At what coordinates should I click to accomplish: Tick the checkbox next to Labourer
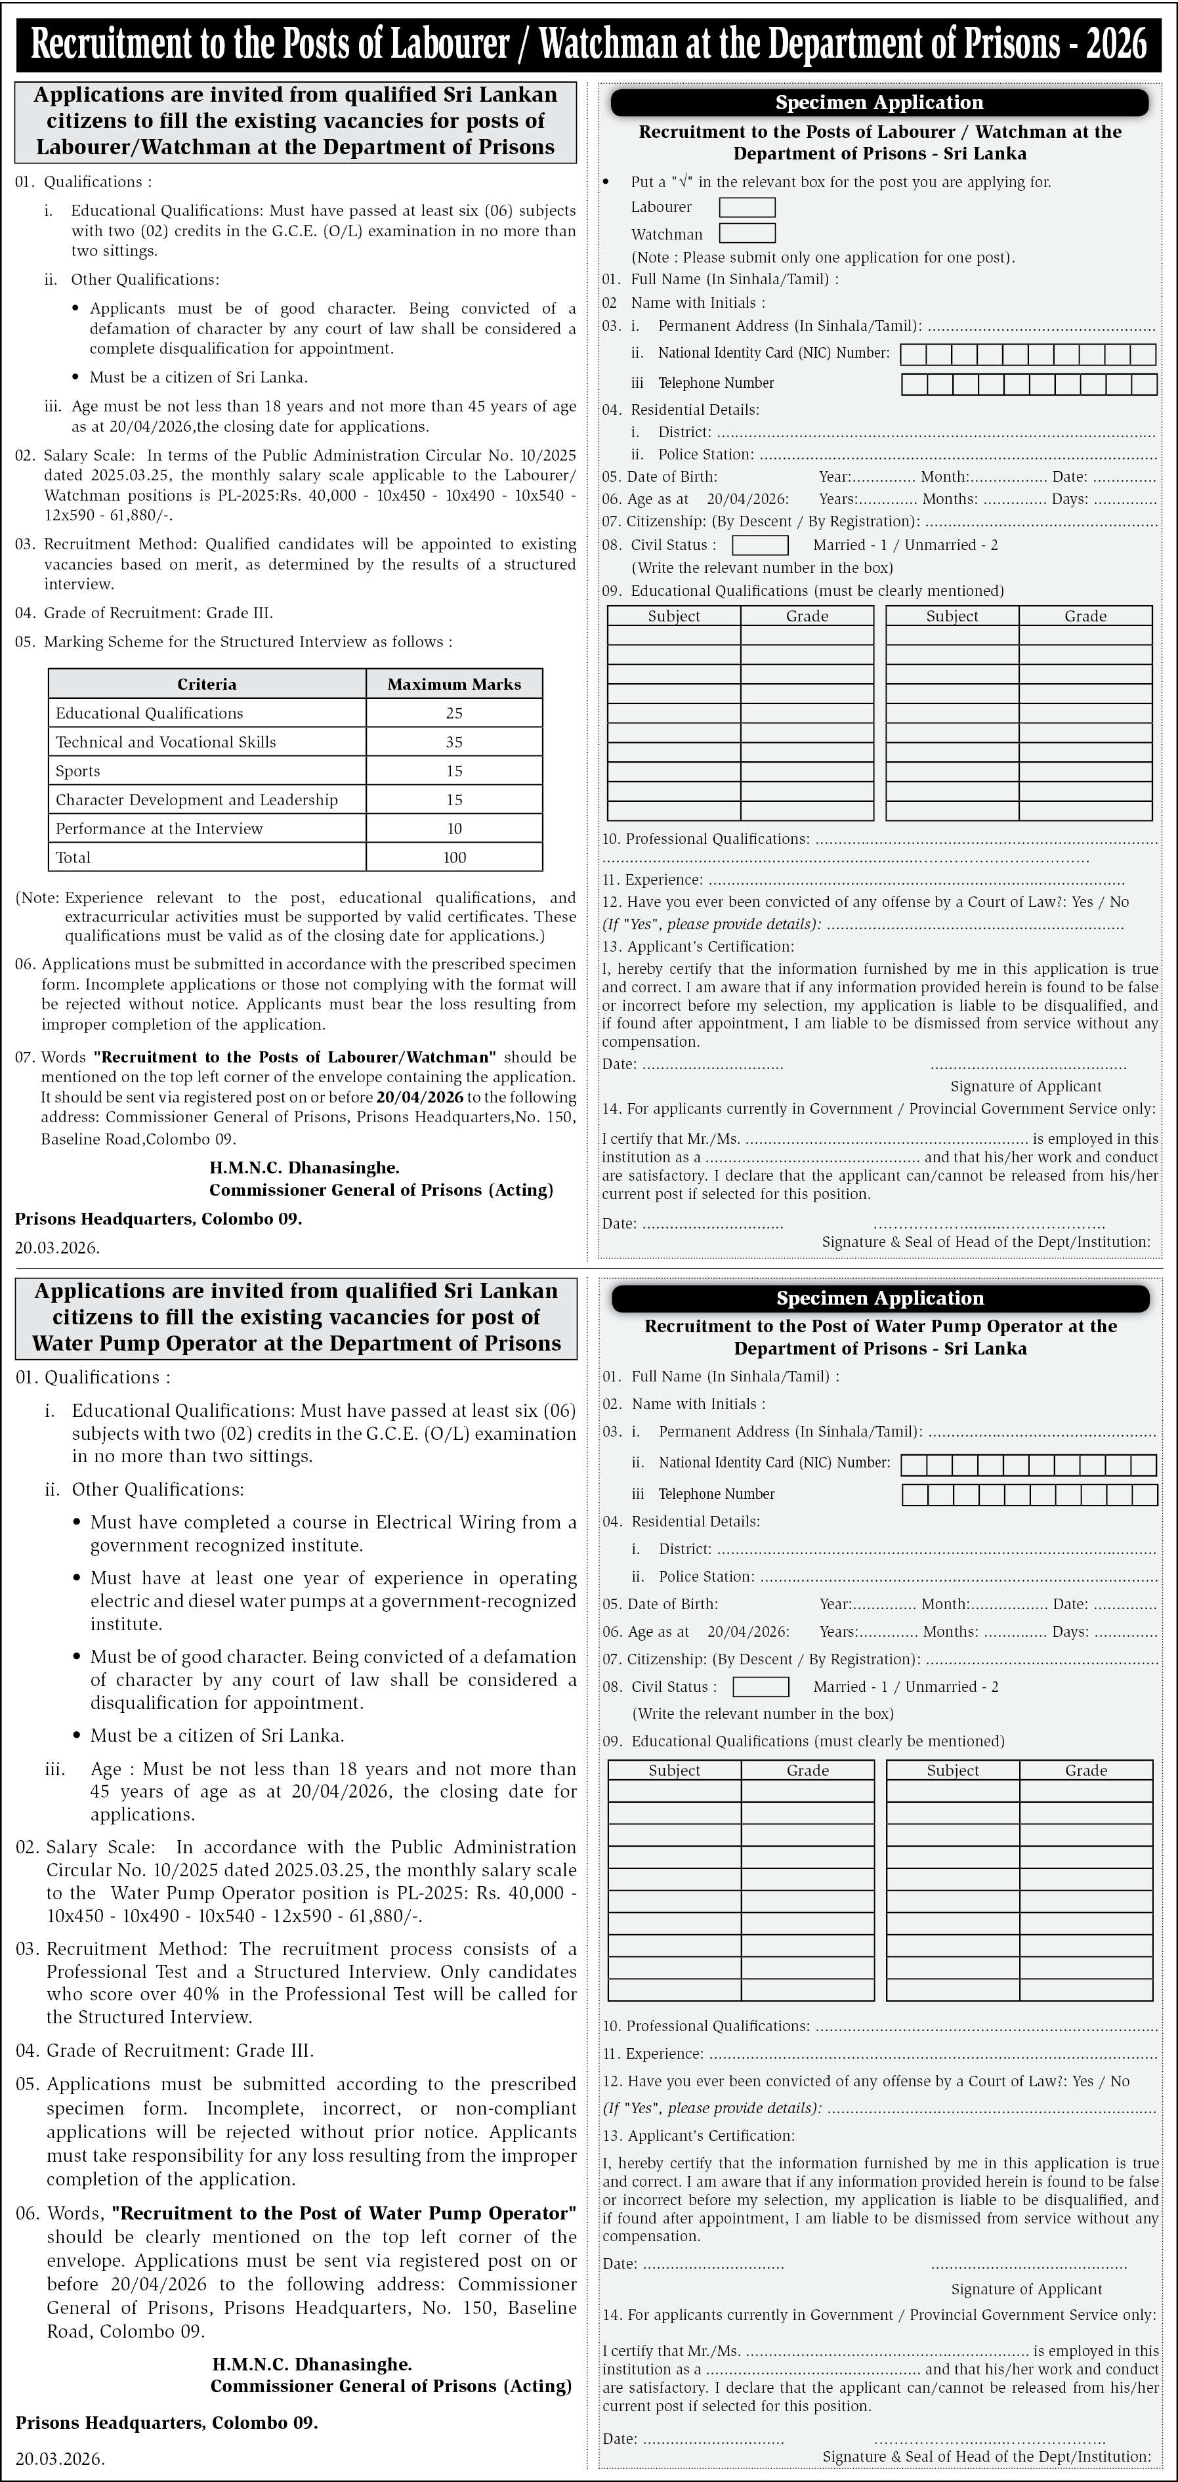(x=746, y=207)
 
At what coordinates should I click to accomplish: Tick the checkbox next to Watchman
(x=746, y=233)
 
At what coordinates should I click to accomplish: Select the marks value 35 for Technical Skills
(x=453, y=742)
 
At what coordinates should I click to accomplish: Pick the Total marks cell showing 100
(x=453, y=858)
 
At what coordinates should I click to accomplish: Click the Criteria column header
(x=206, y=684)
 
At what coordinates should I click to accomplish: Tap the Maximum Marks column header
(x=453, y=684)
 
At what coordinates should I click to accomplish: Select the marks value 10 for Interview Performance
(x=453, y=829)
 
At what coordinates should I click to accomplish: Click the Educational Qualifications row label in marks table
(x=149, y=713)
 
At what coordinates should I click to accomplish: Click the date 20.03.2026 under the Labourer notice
(x=57, y=1248)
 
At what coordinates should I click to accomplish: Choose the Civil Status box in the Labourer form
(x=760, y=545)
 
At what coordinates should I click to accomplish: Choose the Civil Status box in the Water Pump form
(x=760, y=1687)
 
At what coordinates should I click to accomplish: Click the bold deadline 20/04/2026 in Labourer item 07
(x=419, y=1097)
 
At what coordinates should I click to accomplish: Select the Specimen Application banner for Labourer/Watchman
(x=879, y=103)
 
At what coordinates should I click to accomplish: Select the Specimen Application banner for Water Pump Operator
(x=879, y=1298)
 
